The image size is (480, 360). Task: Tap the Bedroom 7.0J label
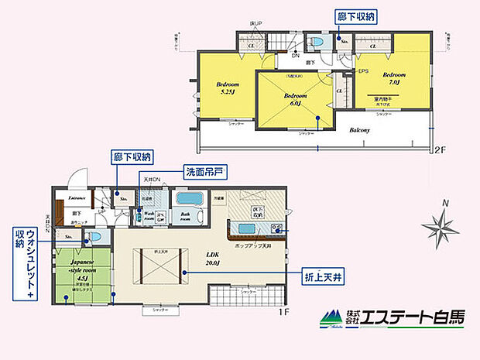click(393, 77)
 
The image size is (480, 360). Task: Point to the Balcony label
click(358, 130)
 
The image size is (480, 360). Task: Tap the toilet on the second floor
click(317, 42)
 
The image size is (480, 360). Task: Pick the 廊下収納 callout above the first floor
click(132, 156)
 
